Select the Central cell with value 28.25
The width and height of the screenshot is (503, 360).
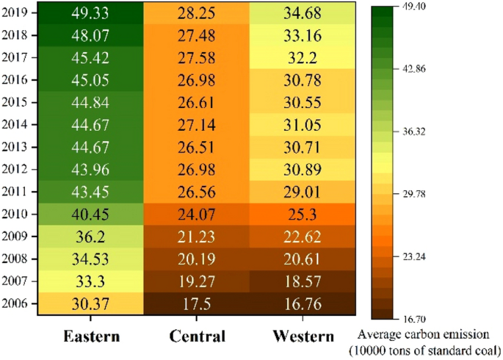[x=196, y=13]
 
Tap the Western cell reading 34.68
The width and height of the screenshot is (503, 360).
[x=303, y=13]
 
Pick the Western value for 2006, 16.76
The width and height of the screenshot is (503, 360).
[x=303, y=303]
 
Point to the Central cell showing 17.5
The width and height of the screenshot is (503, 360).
[x=196, y=303]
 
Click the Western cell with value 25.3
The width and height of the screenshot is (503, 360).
[x=303, y=214]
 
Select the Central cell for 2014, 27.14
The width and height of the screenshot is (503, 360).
[x=196, y=125]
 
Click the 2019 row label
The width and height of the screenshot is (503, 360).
[x=16, y=13]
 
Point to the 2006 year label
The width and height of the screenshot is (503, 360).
[x=16, y=303]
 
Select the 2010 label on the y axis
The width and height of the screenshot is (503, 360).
[x=16, y=214]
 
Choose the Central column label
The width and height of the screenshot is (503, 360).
[x=196, y=336]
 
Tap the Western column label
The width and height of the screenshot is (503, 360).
[x=303, y=336]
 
